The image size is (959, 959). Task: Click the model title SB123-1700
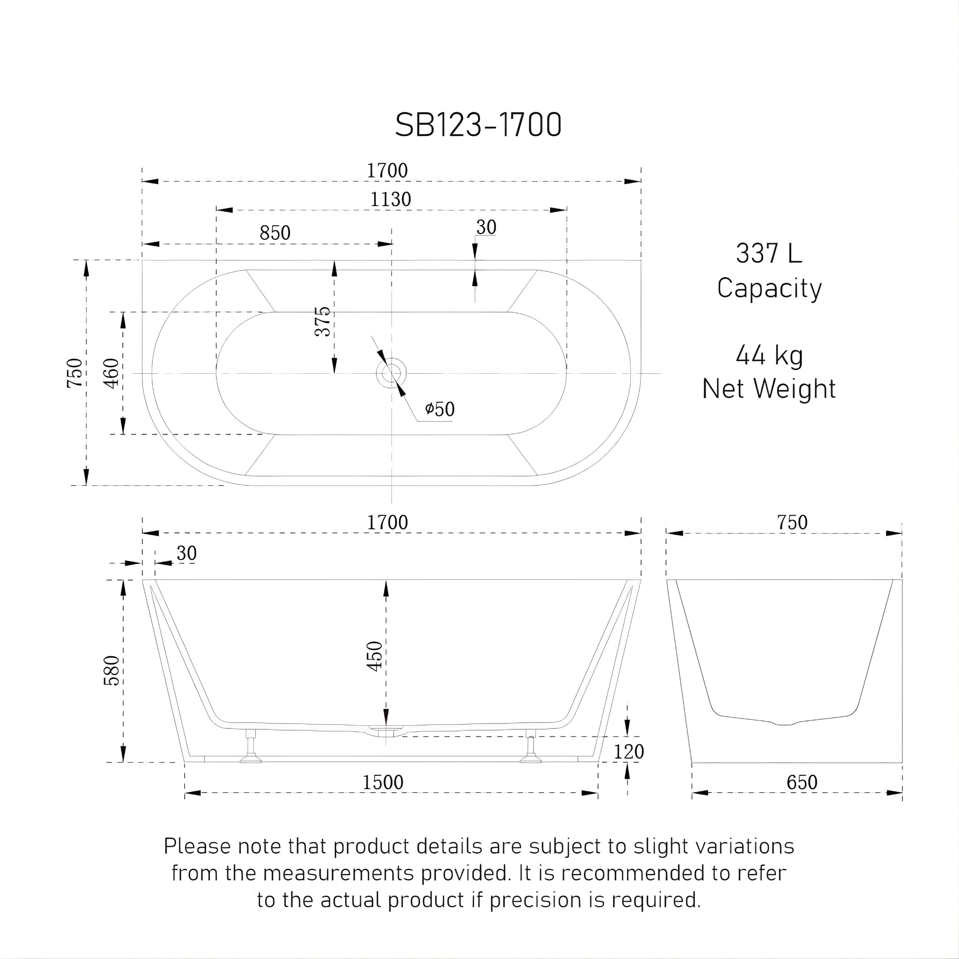(x=478, y=125)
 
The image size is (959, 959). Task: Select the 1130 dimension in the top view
(x=391, y=199)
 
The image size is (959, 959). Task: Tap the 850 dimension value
(x=275, y=233)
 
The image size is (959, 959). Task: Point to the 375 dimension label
(x=323, y=321)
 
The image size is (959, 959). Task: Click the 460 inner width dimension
(x=112, y=373)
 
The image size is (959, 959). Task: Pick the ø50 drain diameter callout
(x=440, y=409)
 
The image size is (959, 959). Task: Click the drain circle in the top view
(x=391, y=373)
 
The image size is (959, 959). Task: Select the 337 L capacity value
(x=768, y=254)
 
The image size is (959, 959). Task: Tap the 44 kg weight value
(x=769, y=355)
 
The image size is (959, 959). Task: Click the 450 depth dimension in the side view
(x=375, y=656)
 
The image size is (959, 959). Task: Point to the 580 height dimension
(x=112, y=671)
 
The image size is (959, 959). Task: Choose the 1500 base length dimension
(x=383, y=783)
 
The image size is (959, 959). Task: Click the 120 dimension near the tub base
(x=628, y=752)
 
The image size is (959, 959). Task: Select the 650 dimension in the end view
(x=802, y=783)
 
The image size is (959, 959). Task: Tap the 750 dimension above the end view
(x=792, y=523)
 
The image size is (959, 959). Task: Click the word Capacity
(x=769, y=288)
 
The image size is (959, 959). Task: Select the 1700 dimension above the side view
(x=387, y=523)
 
